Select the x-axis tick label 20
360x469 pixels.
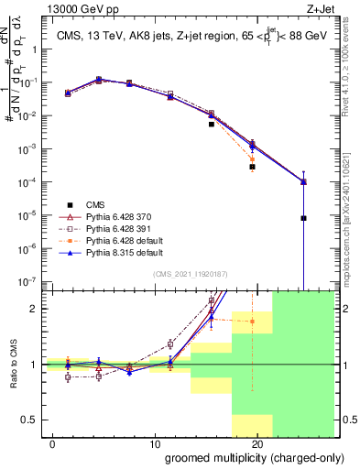256,443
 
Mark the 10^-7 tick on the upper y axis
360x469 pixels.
28,281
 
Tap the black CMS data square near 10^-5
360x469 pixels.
303,218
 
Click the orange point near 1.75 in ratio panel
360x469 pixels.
252,322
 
